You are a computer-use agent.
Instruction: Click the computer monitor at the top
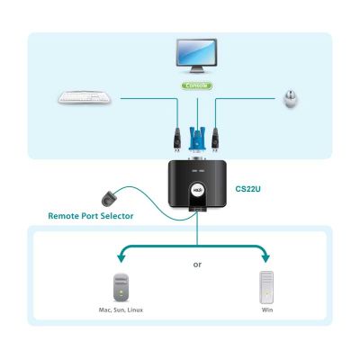(x=196, y=56)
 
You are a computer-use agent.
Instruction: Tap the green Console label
(x=196, y=85)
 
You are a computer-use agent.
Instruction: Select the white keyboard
(x=85, y=98)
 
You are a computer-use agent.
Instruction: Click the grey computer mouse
(x=291, y=99)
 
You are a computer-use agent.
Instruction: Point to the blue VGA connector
(x=197, y=139)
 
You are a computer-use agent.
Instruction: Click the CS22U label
(x=247, y=189)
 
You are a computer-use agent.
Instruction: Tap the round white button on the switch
(x=197, y=190)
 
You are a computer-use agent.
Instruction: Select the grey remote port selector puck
(x=109, y=198)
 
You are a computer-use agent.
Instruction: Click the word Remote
(x=64, y=216)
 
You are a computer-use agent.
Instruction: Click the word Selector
(x=117, y=216)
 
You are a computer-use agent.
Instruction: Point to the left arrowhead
(x=121, y=257)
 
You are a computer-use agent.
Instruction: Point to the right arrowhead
(x=265, y=257)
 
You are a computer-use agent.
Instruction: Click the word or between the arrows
(x=197, y=265)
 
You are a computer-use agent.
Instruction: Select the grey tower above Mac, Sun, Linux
(x=121, y=287)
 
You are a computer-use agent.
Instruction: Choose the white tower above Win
(x=266, y=287)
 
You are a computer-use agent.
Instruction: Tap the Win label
(x=267, y=310)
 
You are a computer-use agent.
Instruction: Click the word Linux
(x=135, y=310)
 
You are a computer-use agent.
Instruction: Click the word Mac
(x=104, y=310)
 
